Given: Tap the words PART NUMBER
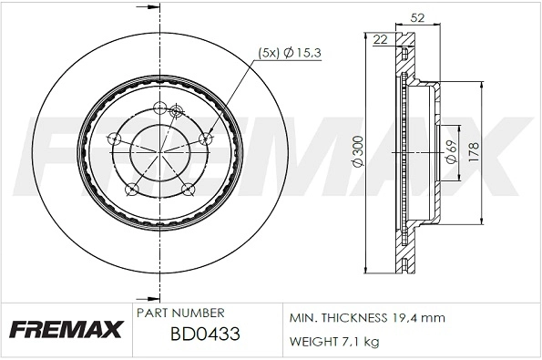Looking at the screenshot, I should (x=180, y=313).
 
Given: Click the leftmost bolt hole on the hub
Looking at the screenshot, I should (x=115, y=139).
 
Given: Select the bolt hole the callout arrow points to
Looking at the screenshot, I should (x=203, y=139).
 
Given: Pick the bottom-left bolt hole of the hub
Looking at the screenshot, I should (x=132, y=190).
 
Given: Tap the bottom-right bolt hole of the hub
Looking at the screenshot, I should (x=189, y=190).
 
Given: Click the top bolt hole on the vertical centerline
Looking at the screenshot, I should (x=159, y=108).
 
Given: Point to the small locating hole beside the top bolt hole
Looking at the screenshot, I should (x=175, y=112).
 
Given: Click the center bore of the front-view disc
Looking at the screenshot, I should (x=159, y=151).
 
